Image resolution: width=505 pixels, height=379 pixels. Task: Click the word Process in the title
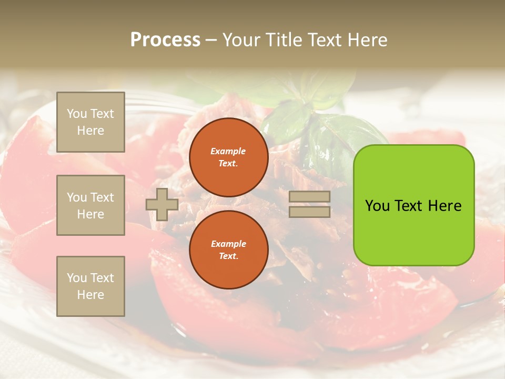click(x=165, y=40)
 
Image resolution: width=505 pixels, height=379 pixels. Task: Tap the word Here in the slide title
click(x=368, y=40)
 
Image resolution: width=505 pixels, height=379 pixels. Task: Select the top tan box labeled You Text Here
click(x=90, y=122)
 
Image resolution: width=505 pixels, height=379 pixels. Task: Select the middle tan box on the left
click(x=90, y=205)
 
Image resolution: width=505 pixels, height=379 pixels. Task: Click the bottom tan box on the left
click(x=90, y=286)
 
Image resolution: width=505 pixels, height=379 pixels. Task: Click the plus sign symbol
click(x=161, y=205)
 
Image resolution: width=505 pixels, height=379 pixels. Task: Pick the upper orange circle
click(x=228, y=157)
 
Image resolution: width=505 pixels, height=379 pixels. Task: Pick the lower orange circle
click(x=228, y=250)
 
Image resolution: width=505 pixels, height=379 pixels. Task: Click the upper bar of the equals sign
click(x=309, y=197)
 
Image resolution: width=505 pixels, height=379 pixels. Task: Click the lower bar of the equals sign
click(x=309, y=212)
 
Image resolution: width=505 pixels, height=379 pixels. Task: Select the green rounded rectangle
click(x=413, y=205)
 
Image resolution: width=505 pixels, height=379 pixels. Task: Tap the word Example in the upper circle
click(x=228, y=151)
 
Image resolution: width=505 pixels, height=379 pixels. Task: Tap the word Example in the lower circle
click(x=228, y=244)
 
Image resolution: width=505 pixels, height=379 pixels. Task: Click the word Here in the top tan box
click(x=90, y=131)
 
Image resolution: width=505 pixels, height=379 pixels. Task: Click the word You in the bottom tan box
click(x=77, y=278)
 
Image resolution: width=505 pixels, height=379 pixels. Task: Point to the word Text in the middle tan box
click(x=102, y=197)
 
